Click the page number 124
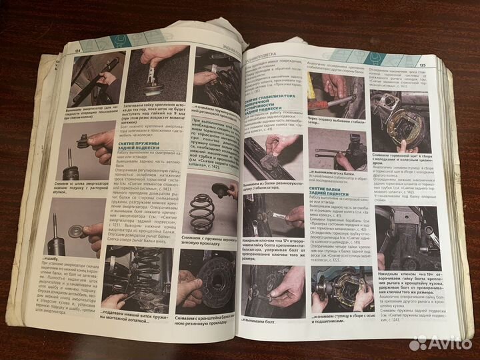click(x=79, y=49)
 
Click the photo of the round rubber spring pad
click(x=203, y=278)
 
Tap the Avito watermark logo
click(x=441, y=343)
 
